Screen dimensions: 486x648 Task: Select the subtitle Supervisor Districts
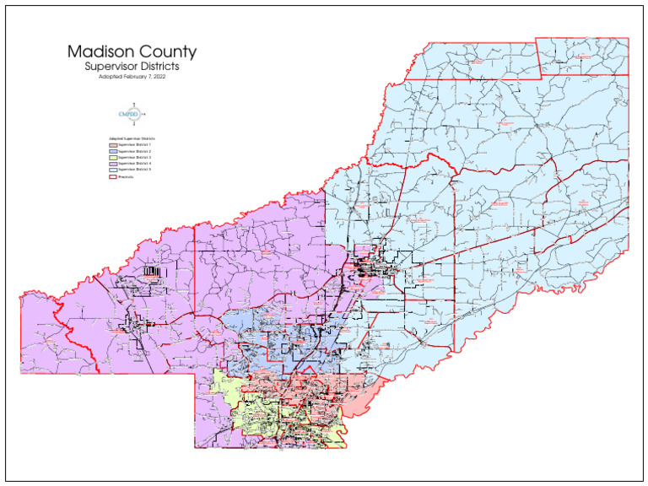[x=132, y=66]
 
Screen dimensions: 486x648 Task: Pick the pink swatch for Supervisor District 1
[x=112, y=145]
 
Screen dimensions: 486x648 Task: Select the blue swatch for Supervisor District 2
[x=112, y=151]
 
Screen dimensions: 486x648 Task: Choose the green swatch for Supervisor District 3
[x=112, y=157]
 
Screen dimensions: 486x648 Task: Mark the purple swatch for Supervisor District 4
[x=112, y=164]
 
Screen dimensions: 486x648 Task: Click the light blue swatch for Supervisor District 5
[x=112, y=170]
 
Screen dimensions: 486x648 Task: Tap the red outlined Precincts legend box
[x=112, y=176]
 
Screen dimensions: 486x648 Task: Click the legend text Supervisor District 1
[x=135, y=145]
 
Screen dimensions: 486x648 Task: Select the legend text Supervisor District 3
[x=135, y=157]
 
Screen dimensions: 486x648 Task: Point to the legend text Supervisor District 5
[x=135, y=170]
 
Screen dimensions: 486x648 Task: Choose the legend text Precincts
[x=127, y=176]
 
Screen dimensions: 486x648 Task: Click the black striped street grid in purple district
[x=152, y=272]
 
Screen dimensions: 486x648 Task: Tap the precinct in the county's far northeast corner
[x=583, y=57]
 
